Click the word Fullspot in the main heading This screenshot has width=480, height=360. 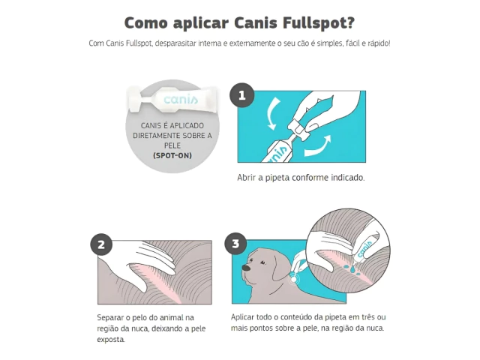pos(318,23)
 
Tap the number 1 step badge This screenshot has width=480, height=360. pos(242,95)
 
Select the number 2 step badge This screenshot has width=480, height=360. pos(101,244)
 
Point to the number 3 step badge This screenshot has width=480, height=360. pos(235,244)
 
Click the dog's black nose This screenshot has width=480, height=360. pos(246,268)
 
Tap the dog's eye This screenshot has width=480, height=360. pos(262,262)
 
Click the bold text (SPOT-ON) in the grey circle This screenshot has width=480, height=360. pos(172,155)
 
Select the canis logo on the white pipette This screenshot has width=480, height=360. pos(181,99)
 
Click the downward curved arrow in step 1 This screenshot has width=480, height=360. pos(272,114)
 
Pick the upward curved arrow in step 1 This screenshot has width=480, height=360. pos(318,146)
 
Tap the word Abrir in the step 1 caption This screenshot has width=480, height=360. pos(246,178)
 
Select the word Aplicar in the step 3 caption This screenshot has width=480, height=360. pos(242,317)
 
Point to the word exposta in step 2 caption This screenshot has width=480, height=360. pos(111,340)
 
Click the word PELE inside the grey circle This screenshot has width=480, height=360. pos(172,145)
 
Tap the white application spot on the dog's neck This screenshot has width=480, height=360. pos(293,279)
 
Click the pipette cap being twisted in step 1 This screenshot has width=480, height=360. pos(298,130)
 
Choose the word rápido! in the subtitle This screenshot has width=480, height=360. pos(379,43)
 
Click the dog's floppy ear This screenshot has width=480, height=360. pos(280,268)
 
